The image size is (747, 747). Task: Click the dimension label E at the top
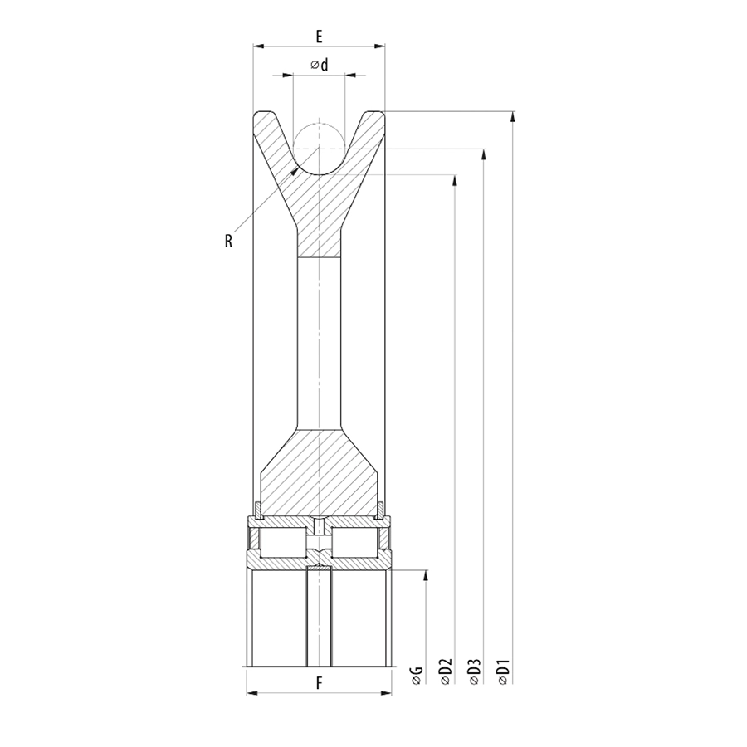pyautogui.click(x=319, y=37)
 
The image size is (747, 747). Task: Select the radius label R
pyautogui.click(x=229, y=241)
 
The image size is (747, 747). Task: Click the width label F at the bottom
pyautogui.click(x=320, y=683)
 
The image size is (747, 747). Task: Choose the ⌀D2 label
pyautogui.click(x=446, y=671)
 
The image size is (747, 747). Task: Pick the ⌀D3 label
pyautogui.click(x=475, y=671)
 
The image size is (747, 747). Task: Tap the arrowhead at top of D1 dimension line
pyautogui.click(x=513, y=117)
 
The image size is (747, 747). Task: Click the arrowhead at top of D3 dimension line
pyautogui.click(x=484, y=154)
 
